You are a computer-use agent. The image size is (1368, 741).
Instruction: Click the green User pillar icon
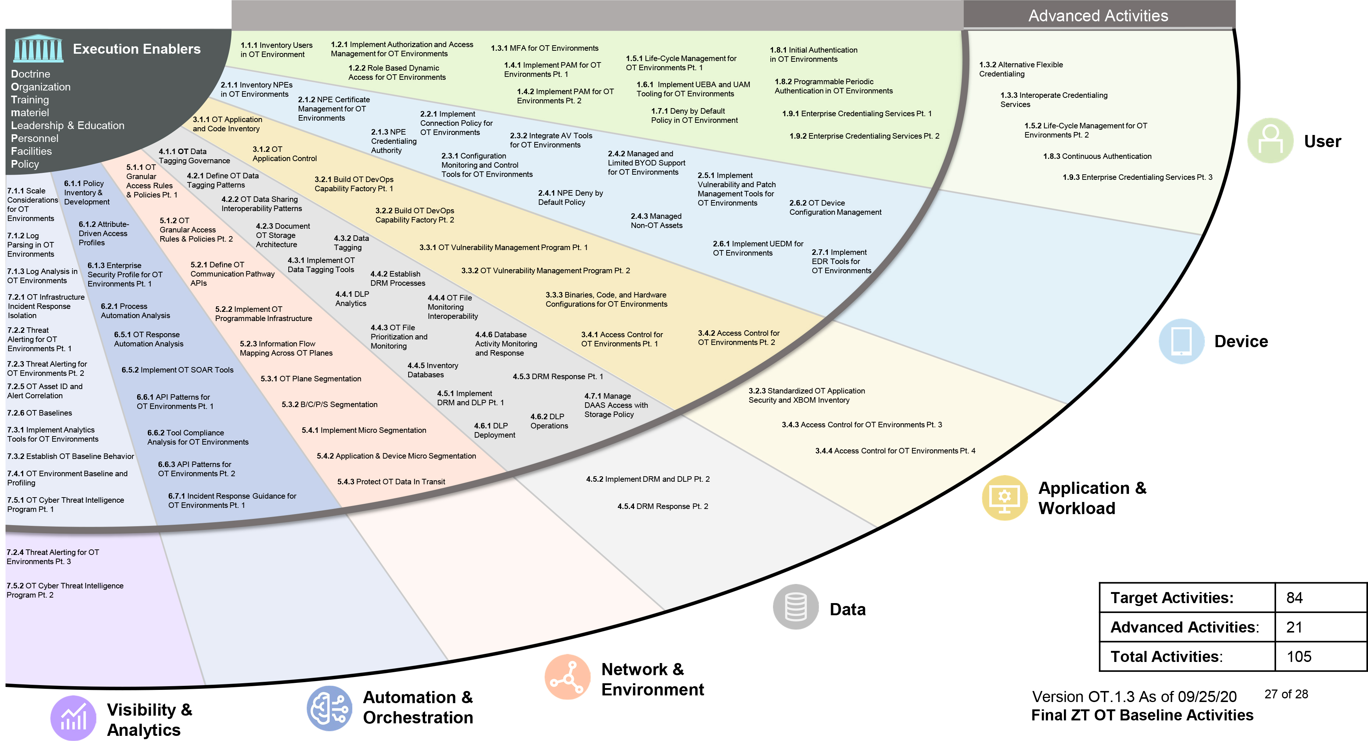(x=1270, y=141)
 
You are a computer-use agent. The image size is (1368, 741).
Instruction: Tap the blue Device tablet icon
(x=1181, y=341)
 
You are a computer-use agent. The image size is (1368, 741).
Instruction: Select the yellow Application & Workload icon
(x=1004, y=498)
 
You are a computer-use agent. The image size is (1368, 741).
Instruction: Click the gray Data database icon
(x=795, y=607)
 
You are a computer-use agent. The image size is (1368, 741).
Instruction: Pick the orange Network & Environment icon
(x=567, y=677)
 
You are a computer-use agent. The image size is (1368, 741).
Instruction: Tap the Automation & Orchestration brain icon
(x=329, y=708)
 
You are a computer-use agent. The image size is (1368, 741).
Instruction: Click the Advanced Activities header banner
(x=1098, y=15)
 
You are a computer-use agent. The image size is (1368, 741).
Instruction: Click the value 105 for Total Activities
(x=1298, y=656)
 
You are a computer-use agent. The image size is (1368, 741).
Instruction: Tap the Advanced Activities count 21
(x=1294, y=627)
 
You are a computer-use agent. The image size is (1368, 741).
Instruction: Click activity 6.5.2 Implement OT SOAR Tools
(x=177, y=370)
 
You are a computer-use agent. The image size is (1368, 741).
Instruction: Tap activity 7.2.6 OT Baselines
(x=39, y=413)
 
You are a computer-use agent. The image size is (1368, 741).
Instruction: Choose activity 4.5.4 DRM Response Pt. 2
(x=662, y=506)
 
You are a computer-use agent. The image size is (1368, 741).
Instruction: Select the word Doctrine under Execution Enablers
(x=31, y=74)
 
